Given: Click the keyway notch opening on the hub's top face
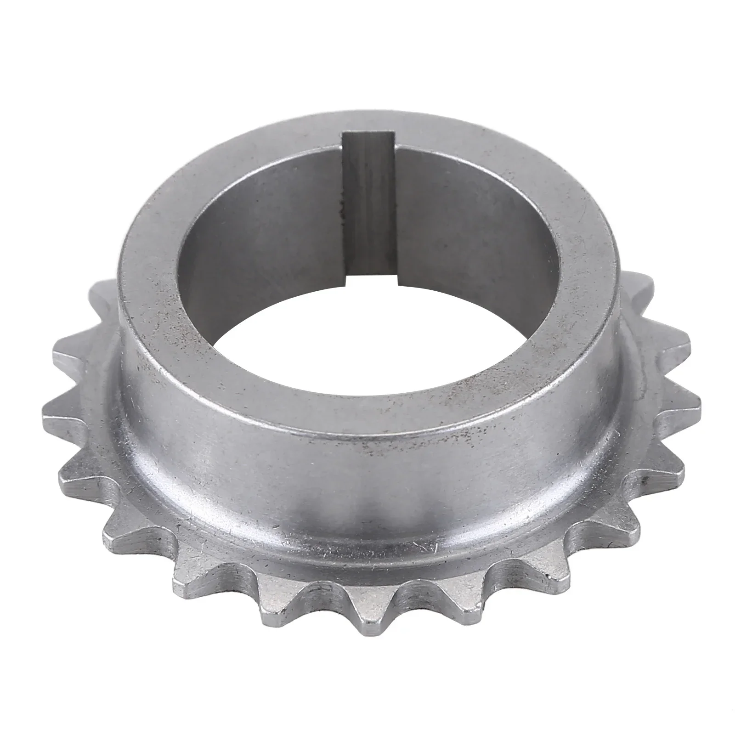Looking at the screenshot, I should tap(367, 138).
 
